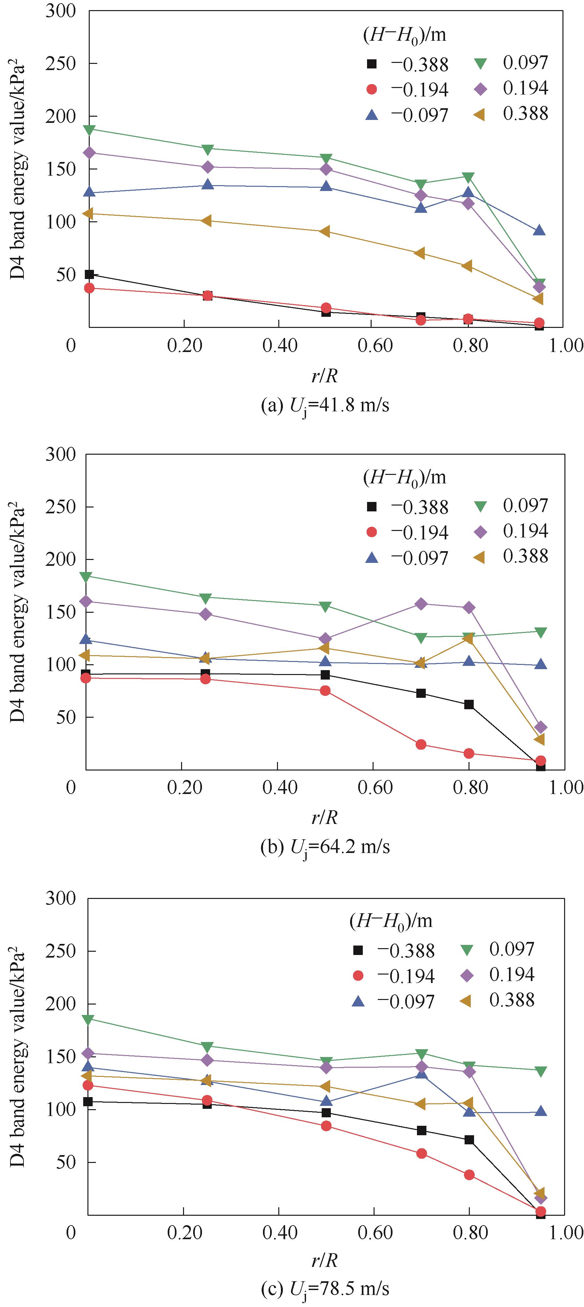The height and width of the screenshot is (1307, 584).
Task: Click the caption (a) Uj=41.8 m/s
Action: (325, 405)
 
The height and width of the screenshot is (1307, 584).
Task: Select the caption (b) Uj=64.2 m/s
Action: (325, 847)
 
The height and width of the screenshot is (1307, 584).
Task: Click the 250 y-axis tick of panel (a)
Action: (60, 64)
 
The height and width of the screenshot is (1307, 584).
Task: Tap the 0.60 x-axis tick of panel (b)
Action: (375, 787)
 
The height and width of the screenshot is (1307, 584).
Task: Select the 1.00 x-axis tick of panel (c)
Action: (565, 1232)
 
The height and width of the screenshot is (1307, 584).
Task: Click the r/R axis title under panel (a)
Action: (325, 376)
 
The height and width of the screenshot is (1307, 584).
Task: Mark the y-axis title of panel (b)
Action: (18, 612)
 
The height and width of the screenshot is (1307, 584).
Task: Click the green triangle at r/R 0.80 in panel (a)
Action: (468, 177)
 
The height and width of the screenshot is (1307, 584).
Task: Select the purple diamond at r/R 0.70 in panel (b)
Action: (421, 604)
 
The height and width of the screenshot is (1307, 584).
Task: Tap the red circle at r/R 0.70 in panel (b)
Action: (421, 744)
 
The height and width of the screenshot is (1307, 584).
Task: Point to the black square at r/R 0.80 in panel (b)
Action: (469, 704)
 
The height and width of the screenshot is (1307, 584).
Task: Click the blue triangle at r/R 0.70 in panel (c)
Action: (421, 1074)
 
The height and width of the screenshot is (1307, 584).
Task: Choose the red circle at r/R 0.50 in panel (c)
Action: (326, 1126)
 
